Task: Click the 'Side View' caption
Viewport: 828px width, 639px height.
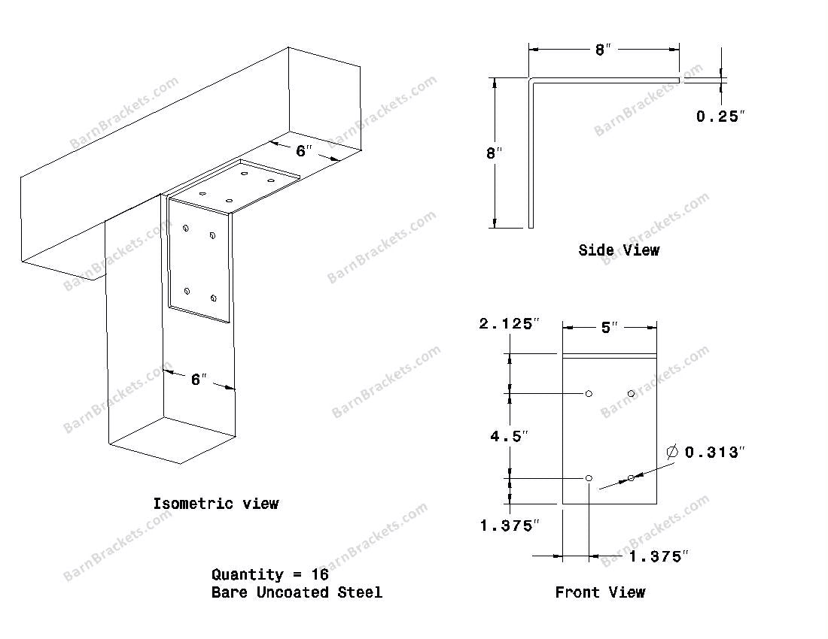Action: (618, 250)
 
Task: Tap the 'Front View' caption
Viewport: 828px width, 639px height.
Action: (599, 592)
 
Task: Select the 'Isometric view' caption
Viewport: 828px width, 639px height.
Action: (215, 503)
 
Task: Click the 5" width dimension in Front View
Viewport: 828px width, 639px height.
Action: (609, 327)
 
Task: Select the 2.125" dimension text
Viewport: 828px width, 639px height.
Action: (510, 324)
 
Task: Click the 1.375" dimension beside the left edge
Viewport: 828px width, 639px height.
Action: (510, 525)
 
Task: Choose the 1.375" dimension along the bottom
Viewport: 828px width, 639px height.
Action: (659, 556)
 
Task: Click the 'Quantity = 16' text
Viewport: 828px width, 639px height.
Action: (269, 574)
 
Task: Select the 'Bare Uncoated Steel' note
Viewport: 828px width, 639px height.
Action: (297, 592)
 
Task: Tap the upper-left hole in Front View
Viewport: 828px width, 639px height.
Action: (589, 393)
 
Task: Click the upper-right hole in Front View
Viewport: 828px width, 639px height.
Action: (631, 393)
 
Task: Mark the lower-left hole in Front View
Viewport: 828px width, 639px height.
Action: (589, 478)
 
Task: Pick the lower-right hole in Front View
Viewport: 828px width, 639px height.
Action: (631, 478)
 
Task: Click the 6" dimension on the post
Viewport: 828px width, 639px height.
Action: (198, 380)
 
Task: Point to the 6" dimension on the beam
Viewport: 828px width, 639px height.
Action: (303, 150)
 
